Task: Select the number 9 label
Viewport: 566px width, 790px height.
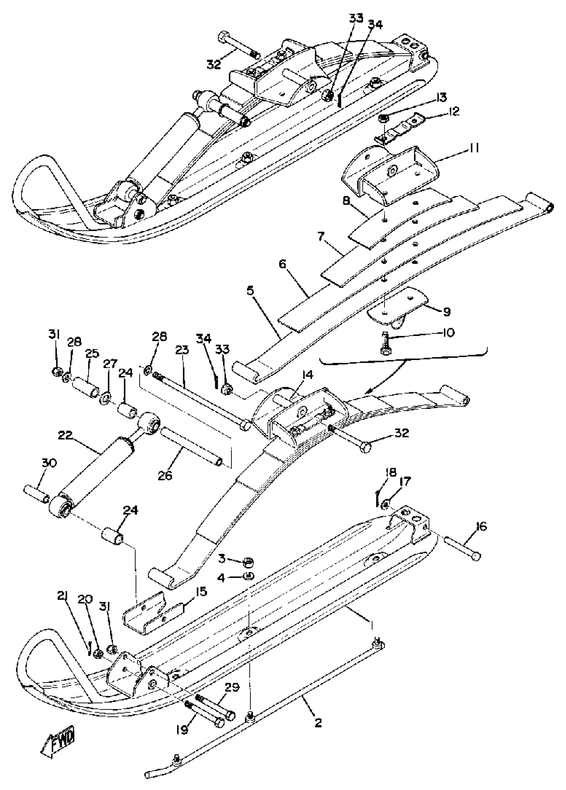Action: (446, 311)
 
